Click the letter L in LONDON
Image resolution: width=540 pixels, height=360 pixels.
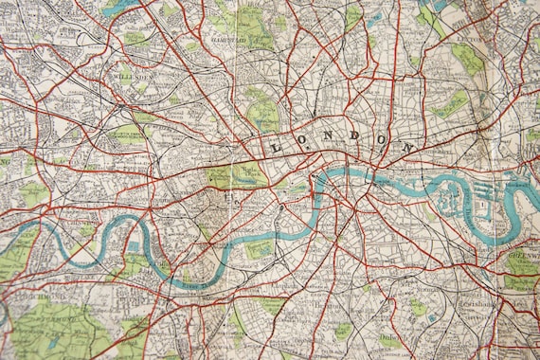277,148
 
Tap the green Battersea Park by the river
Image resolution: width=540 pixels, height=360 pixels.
258,249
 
